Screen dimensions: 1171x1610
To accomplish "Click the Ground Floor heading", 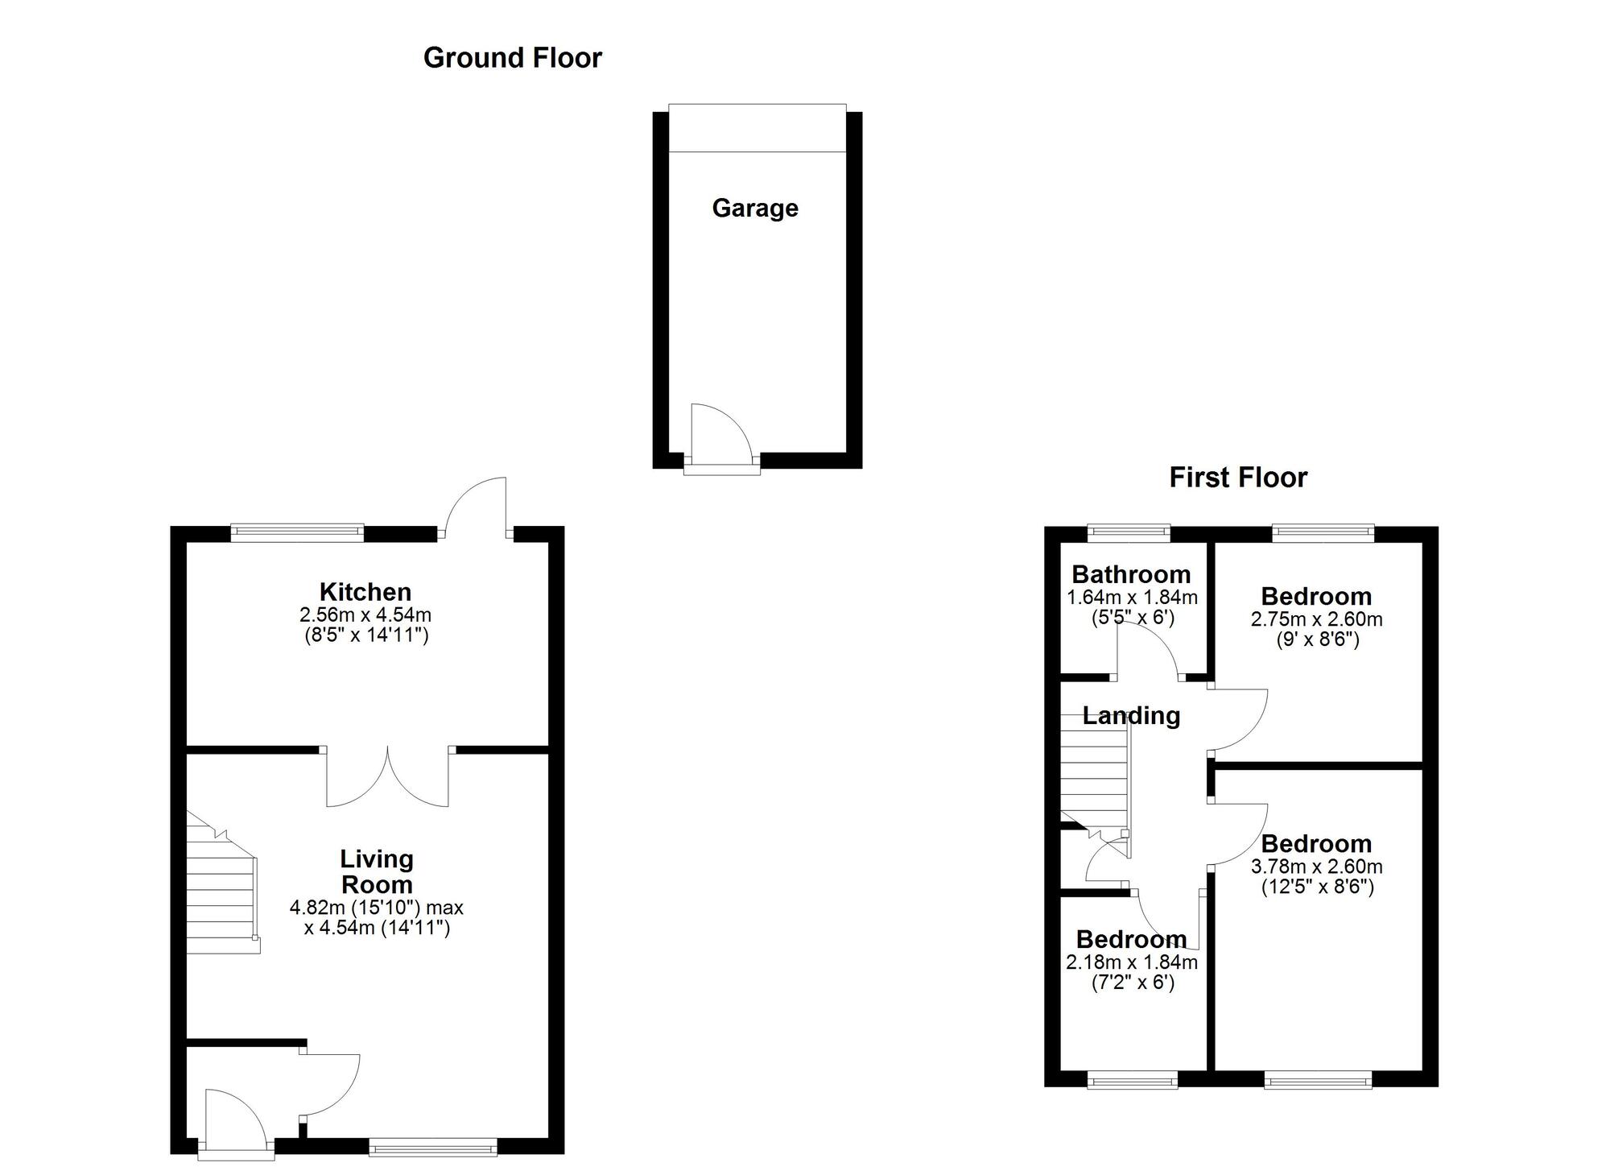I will (x=512, y=58).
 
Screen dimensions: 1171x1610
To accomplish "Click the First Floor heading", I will (x=1237, y=478).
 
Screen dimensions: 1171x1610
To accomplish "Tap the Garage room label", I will (x=754, y=209).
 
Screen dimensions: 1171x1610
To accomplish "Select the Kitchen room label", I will (x=365, y=592).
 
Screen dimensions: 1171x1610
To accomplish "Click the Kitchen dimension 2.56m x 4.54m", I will (x=365, y=615).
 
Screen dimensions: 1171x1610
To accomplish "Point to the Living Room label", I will (x=376, y=871).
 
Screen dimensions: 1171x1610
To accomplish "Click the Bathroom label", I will (x=1130, y=574).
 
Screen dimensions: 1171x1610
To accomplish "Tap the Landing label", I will (x=1130, y=715).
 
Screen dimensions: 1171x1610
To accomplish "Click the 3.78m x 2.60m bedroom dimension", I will (x=1315, y=867).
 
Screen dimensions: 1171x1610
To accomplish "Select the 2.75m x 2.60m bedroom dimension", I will (x=1315, y=619).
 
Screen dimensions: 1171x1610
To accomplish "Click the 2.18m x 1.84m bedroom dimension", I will (x=1131, y=962).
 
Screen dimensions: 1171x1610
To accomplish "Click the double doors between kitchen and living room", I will (x=387, y=776).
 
